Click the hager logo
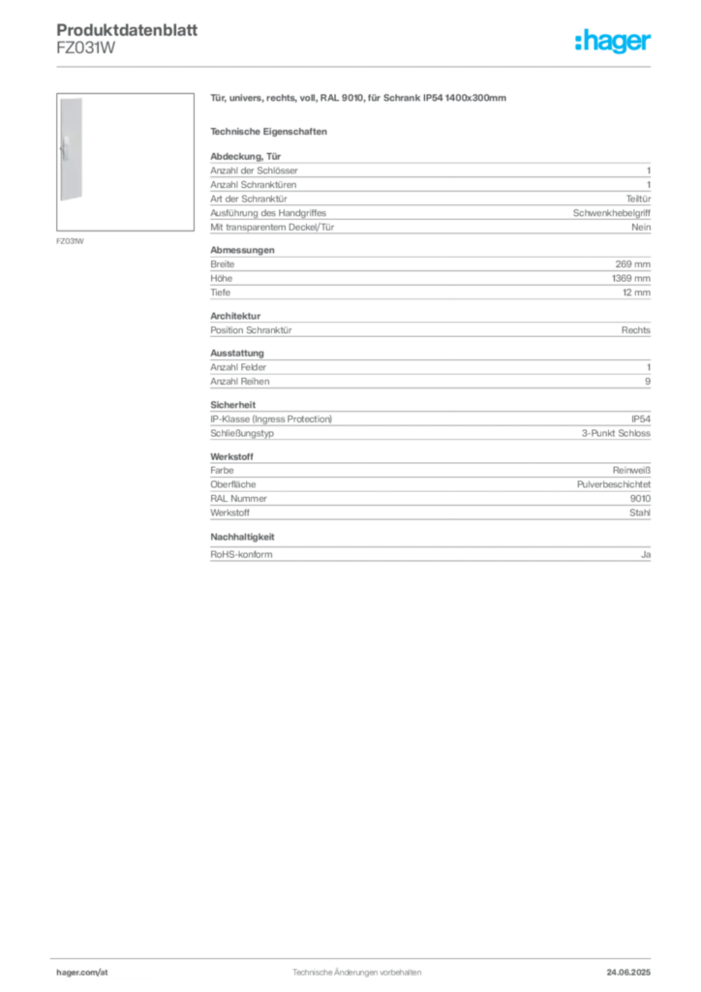(613, 41)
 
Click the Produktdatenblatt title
(127, 30)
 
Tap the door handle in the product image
(65, 148)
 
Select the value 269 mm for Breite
(632, 264)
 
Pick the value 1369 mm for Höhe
(631, 278)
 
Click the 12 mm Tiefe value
(636, 293)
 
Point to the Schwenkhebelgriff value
(611, 213)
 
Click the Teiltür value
(638, 199)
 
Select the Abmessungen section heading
(242, 250)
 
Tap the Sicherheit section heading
(232, 405)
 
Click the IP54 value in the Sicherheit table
(641, 419)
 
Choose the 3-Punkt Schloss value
(616, 433)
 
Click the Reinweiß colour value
(631, 471)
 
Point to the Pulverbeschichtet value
(614, 484)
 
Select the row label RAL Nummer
(238, 499)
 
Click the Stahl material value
(640, 513)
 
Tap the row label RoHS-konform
(241, 554)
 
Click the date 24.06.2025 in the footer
(628, 973)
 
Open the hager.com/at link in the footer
(82, 973)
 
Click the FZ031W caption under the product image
(70, 241)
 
